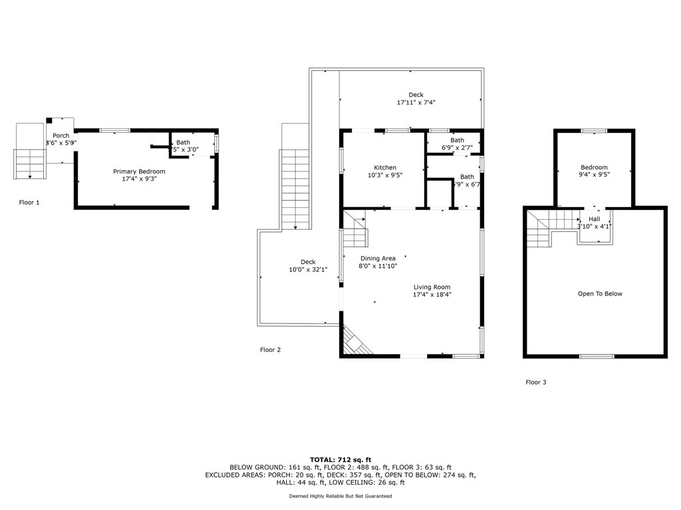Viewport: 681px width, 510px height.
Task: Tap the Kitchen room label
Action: click(x=384, y=167)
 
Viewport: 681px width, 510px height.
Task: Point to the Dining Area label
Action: click(x=378, y=258)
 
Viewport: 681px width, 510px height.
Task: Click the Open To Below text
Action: click(x=600, y=294)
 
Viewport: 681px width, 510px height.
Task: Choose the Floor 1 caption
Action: click(x=29, y=202)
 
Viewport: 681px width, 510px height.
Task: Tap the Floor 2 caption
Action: click(x=270, y=349)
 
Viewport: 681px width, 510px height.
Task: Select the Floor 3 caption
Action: click(x=536, y=382)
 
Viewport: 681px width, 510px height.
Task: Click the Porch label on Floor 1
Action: click(x=61, y=135)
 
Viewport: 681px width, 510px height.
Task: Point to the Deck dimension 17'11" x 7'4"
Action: click(x=416, y=102)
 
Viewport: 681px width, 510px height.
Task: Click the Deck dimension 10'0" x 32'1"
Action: click(x=307, y=270)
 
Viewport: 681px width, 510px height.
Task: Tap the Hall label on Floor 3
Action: click(x=594, y=218)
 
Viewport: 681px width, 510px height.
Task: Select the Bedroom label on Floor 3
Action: click(x=594, y=167)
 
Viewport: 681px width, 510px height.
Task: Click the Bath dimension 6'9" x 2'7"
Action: click(x=457, y=147)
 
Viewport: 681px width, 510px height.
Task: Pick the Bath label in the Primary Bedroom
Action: click(x=183, y=142)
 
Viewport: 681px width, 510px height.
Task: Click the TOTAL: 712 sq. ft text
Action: click(x=340, y=460)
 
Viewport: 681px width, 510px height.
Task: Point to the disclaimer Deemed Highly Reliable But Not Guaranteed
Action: click(x=340, y=496)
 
